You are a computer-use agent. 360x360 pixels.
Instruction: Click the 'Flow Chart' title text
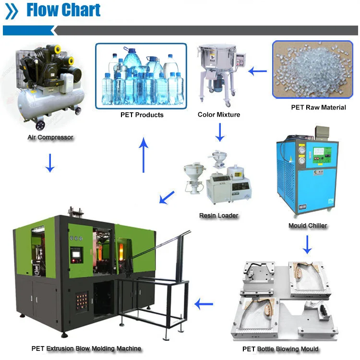(x=63, y=11)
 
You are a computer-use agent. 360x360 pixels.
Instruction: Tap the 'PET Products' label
(x=142, y=115)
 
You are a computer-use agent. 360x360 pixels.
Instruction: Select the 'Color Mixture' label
(x=219, y=115)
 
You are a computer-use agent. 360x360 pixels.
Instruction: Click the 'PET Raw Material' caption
(x=318, y=108)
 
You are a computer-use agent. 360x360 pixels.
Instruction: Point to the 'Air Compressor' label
(x=50, y=137)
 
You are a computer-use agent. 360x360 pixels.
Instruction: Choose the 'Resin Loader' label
(x=219, y=216)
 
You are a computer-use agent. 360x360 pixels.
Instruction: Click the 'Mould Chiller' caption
(x=308, y=226)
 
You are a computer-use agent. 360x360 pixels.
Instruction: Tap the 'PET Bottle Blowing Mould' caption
(x=280, y=349)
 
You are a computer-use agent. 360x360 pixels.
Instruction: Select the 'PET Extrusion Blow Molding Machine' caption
(x=86, y=348)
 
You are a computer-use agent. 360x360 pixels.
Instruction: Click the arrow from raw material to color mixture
(x=257, y=72)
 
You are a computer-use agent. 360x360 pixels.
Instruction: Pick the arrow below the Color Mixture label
(x=220, y=132)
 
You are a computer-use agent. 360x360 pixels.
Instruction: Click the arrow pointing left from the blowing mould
(x=204, y=304)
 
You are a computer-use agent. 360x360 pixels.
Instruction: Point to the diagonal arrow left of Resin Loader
(x=167, y=197)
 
